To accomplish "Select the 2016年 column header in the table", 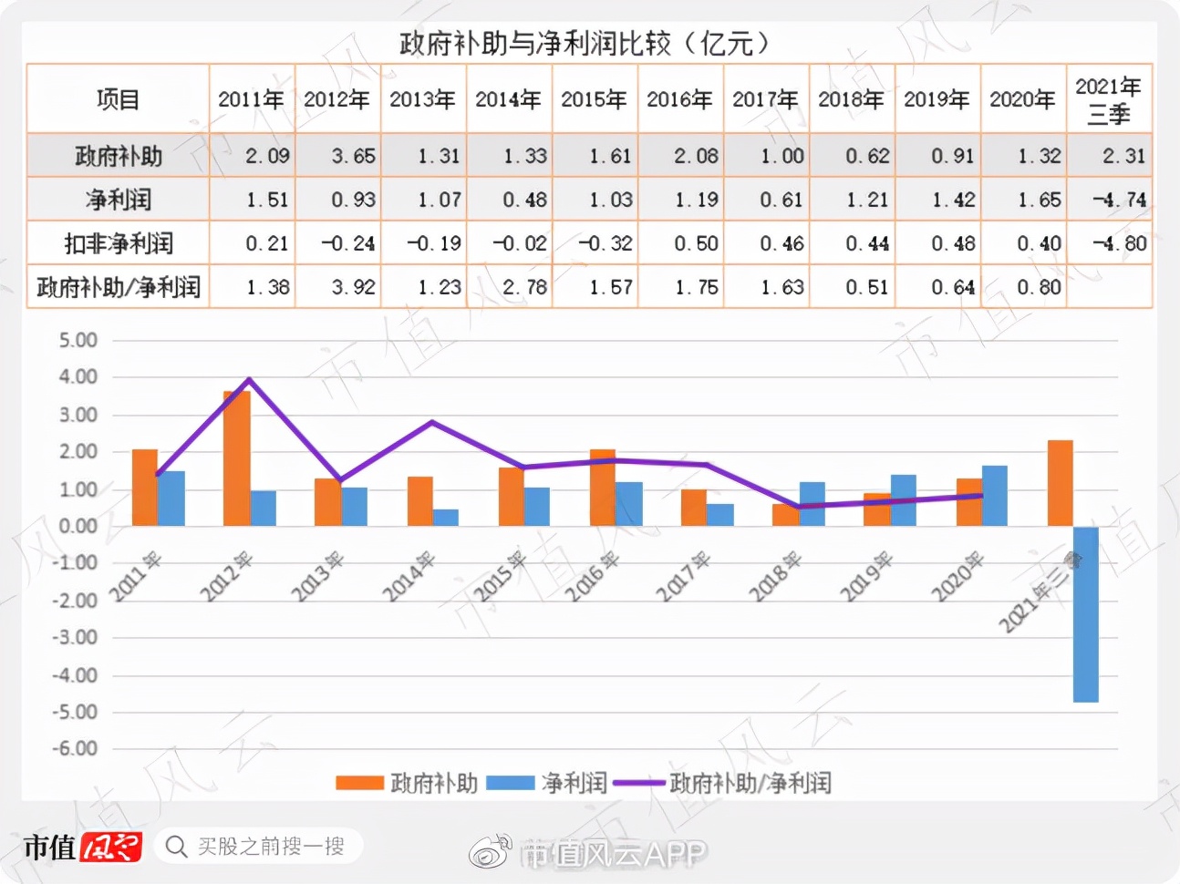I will pos(679,99).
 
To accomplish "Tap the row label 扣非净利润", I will pos(118,243).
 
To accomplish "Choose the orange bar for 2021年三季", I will pos(1060,483).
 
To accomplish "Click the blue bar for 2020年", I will pos(994,496).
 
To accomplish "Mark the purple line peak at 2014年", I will pos(432,422).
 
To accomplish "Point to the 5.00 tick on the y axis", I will pos(78,340).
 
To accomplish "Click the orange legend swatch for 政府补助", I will pos(359,783).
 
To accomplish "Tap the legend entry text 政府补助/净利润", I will pos(750,783).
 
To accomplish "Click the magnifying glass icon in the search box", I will pos(176,847).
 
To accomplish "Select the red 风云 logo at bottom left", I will pos(110,848).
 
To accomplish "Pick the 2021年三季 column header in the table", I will pos(1108,99).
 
